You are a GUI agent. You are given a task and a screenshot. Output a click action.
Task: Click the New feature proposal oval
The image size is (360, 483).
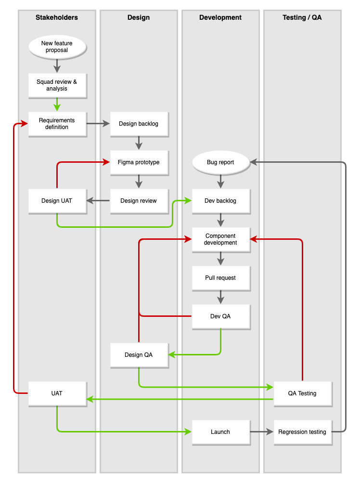coord(57,47)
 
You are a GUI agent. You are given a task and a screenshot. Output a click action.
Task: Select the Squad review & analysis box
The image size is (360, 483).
coord(57,85)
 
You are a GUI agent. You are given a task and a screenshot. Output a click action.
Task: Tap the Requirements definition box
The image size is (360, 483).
coord(57,124)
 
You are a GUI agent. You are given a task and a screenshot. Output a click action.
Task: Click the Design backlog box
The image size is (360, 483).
coord(139,124)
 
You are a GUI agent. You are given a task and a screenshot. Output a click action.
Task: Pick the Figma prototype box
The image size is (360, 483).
coord(139,162)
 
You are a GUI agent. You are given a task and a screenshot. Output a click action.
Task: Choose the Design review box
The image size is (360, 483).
coord(139,201)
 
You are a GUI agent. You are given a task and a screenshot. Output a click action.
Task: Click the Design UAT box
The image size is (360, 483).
coord(57,201)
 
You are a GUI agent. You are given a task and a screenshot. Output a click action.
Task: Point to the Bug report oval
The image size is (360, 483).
coord(220,162)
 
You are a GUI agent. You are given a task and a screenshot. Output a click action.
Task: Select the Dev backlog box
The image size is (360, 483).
coord(220,201)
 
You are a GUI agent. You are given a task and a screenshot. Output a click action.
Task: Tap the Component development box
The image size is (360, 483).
coord(220,239)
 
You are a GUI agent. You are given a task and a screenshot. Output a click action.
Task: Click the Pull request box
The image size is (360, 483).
coord(220,278)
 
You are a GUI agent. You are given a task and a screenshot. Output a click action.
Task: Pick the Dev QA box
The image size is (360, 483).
coord(220,316)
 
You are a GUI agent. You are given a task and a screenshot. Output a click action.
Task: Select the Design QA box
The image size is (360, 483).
coord(139,355)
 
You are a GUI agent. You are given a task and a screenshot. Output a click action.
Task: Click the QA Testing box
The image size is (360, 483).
coord(302,393)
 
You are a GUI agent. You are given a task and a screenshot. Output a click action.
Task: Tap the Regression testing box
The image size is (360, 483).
coord(302,432)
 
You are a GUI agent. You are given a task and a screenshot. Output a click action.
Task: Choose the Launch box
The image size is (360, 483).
coord(220,432)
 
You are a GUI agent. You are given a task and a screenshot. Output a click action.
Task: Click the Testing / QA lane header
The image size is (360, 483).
coord(302,17)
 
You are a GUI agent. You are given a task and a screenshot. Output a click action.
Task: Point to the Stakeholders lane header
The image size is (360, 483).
coord(57,17)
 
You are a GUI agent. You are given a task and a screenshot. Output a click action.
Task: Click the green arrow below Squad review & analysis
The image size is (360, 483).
coord(57,104)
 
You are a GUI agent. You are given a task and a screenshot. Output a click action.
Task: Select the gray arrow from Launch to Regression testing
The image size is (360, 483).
coord(261,432)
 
